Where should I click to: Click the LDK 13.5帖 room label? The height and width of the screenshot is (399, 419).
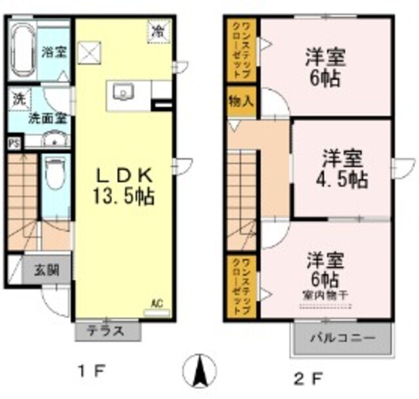point(125,186)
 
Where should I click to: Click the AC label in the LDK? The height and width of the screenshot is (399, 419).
point(156,304)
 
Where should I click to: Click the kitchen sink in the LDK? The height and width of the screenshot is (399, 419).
point(124,94)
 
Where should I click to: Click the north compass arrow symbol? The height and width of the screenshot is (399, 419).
point(202,372)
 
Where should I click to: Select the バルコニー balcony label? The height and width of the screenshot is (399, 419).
point(342,339)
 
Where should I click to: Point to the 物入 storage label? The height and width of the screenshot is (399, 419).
point(241,101)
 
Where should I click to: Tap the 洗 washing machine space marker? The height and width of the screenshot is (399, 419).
point(19,99)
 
